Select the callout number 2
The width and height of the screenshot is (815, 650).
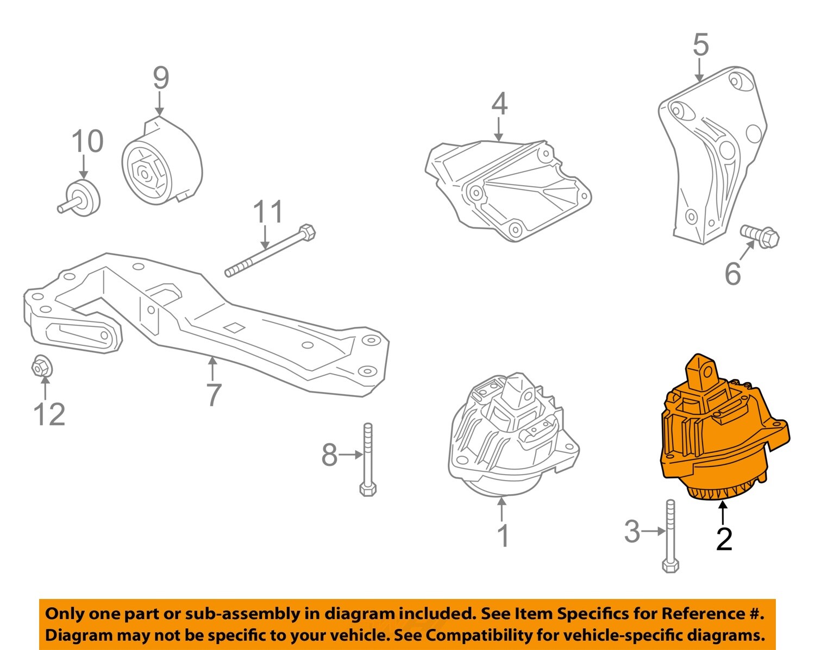tap(724, 539)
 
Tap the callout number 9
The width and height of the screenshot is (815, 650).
tap(161, 78)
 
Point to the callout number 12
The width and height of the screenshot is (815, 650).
tap(49, 414)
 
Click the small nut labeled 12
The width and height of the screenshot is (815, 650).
tap(41, 366)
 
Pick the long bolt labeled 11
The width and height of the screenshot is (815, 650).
tap(270, 250)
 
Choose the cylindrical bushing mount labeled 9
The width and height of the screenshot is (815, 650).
tap(162, 161)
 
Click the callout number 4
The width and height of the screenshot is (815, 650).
tap(499, 104)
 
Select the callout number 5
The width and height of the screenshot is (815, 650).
tap(700, 45)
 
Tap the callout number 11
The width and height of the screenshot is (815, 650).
tap(268, 211)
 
